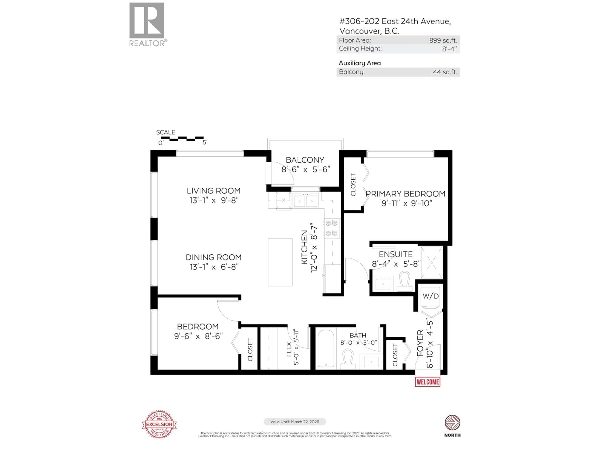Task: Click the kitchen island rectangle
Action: (x=280, y=262)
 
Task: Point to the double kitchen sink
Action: (x=305, y=201)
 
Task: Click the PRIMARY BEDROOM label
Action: (x=405, y=194)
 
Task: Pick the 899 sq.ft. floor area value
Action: (x=443, y=40)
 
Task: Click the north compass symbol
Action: (x=452, y=423)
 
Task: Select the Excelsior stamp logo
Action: (x=159, y=424)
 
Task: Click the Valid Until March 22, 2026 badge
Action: (x=294, y=422)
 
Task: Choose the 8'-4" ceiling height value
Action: (x=449, y=49)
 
